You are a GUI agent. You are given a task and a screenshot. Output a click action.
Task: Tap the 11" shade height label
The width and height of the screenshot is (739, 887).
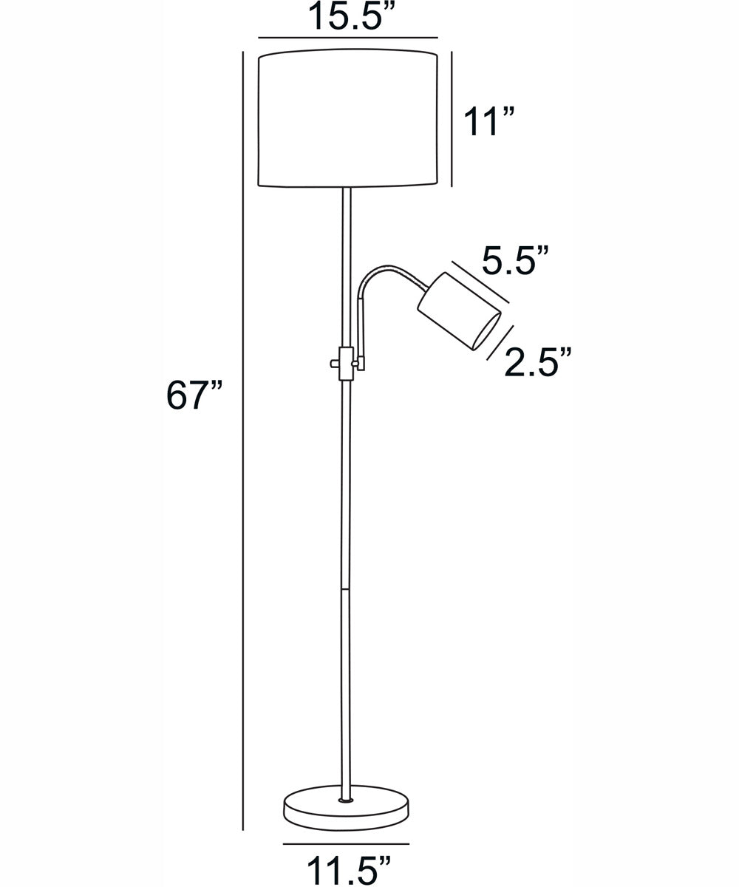(x=488, y=122)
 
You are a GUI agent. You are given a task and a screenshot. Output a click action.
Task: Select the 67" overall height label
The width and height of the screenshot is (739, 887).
(x=194, y=395)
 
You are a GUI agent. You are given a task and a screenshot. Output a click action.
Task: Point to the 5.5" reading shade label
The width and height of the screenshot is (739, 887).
(x=515, y=259)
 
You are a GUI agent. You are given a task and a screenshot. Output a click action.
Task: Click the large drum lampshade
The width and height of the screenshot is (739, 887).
(x=348, y=118)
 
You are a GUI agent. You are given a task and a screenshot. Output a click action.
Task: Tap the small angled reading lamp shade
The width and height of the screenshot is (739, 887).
(x=460, y=311)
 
